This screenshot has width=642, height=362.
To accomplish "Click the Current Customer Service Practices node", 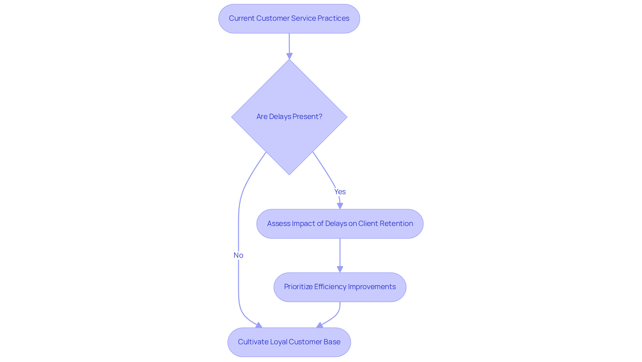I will (x=289, y=19).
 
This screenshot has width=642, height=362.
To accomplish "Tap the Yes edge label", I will (x=340, y=192).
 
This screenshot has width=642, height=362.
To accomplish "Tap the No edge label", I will (x=238, y=255).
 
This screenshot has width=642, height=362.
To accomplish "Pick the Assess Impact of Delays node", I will (x=340, y=224).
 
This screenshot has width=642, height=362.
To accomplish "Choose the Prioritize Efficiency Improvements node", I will (x=340, y=287).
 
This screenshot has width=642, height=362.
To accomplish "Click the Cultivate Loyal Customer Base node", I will (x=289, y=342).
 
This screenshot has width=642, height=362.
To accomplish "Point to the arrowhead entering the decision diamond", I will (x=289, y=56).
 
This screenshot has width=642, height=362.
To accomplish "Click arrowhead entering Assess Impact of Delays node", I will (x=340, y=206).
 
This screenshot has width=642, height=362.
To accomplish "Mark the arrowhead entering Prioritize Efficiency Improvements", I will (x=340, y=269).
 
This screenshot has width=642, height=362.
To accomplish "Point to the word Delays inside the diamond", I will (x=280, y=117).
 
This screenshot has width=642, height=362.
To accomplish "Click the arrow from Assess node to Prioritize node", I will (x=340, y=254).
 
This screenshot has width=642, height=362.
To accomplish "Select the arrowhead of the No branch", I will (x=259, y=325).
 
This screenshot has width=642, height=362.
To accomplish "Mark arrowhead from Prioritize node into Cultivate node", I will (x=320, y=325).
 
